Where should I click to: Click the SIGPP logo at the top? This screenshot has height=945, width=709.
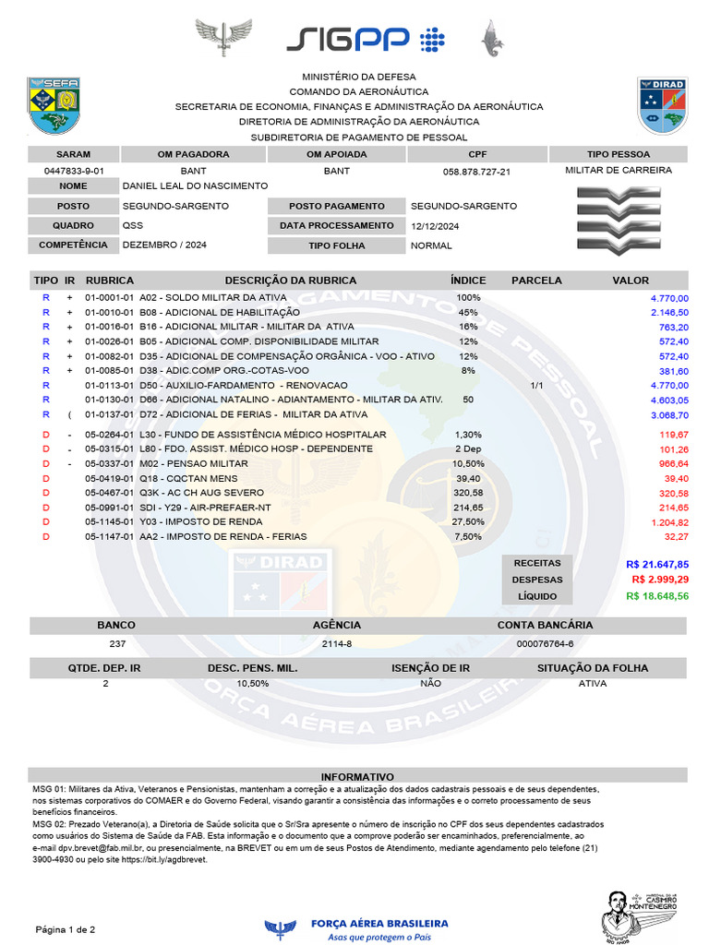click(365, 39)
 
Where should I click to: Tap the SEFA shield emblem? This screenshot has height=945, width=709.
click(54, 105)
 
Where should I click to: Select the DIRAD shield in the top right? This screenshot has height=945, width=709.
click(662, 105)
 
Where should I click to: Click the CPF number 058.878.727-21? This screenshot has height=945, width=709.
click(477, 172)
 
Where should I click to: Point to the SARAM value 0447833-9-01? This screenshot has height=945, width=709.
click(74, 172)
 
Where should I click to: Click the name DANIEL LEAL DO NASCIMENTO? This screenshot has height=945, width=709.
click(196, 186)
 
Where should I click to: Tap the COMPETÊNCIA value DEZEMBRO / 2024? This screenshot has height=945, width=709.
click(164, 245)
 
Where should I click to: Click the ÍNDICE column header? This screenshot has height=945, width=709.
click(468, 280)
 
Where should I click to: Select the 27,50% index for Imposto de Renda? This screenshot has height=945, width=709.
click(468, 521)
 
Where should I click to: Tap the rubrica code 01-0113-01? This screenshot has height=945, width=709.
click(110, 385)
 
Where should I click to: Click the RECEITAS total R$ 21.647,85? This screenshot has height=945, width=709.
click(657, 563)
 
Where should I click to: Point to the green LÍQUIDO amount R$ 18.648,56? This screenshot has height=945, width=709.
click(657, 596)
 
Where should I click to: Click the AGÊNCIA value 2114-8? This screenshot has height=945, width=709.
click(337, 643)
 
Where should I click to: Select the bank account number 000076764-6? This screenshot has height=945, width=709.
click(545, 643)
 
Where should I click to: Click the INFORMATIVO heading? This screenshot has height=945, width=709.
click(357, 777)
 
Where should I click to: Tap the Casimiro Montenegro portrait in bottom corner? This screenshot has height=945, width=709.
click(637, 914)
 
